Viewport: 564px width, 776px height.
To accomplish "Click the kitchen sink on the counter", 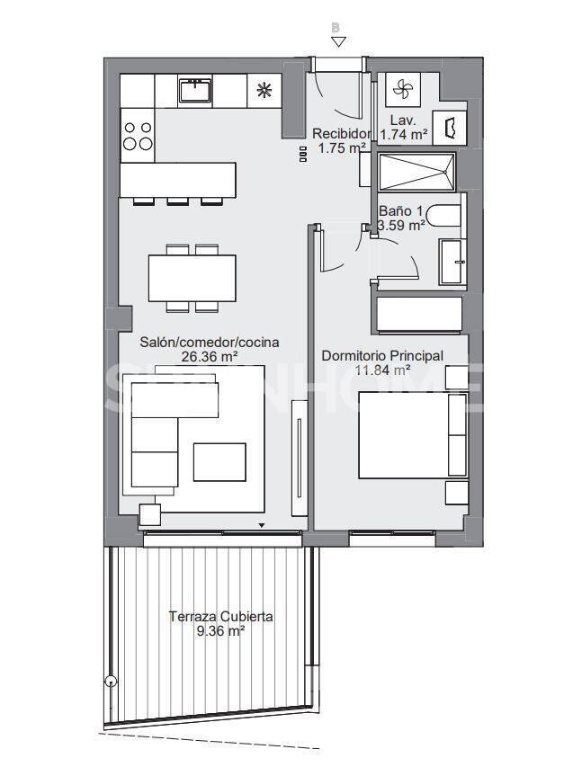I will tap(194, 89).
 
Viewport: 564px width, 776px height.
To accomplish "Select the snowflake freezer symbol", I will tap(264, 89).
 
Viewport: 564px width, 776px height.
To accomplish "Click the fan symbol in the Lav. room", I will tap(402, 89).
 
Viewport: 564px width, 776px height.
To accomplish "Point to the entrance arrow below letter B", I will tap(336, 41).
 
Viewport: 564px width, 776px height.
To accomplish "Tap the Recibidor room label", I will tap(341, 135).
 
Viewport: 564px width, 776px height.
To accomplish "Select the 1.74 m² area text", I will tap(404, 134).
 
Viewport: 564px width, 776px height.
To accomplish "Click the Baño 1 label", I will tap(400, 212).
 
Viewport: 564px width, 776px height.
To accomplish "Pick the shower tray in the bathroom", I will tap(416, 171).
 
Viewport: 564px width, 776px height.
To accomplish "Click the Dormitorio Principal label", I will tap(382, 356).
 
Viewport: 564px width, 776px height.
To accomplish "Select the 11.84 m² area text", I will tap(381, 370).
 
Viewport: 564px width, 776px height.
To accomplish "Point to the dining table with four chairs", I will tap(192, 278).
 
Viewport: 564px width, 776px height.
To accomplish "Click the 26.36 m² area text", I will tap(209, 356).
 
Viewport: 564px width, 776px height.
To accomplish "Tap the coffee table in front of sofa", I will tap(219, 462).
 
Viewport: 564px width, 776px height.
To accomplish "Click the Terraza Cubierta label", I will tap(221, 617).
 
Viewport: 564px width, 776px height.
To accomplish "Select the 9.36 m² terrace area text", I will tap(221, 631).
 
